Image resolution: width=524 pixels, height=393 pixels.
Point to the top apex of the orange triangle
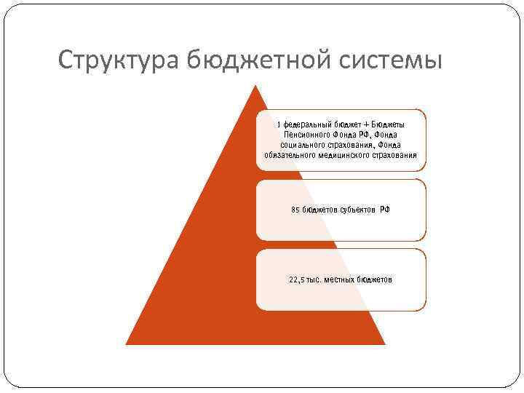(255, 87)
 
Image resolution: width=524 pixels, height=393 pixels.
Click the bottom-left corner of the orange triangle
(127, 344)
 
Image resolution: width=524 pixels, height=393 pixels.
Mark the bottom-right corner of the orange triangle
(384, 344)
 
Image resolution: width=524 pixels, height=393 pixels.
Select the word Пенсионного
(306, 135)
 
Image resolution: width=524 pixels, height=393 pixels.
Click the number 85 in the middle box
(295, 210)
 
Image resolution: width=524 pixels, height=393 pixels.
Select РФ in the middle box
(385, 210)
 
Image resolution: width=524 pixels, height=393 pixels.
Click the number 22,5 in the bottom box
(299, 279)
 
